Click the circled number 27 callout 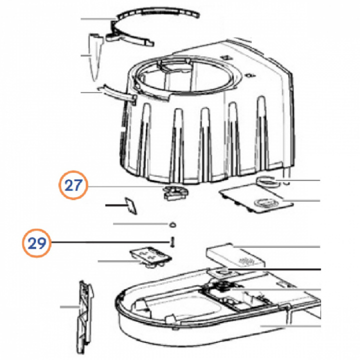pos(73,185)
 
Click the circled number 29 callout pos(36,242)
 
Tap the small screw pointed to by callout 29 pos(172,242)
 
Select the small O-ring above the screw pos(172,225)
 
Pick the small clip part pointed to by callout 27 pos(175,192)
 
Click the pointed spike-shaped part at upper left pos(95,56)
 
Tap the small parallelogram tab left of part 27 pos(131,205)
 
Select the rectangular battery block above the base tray pos(235,255)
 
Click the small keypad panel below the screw pos(151,256)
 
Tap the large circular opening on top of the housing pos(183,76)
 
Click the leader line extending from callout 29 pos(110,242)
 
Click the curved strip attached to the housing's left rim pos(116,93)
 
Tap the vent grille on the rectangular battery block pos(247,260)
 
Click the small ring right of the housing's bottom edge pos(267,181)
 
